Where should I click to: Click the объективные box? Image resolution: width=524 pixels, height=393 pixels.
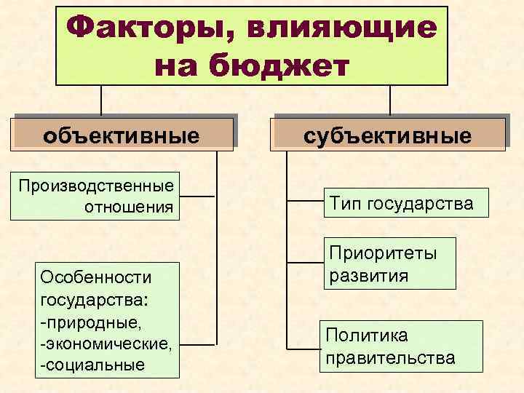pos(122,135)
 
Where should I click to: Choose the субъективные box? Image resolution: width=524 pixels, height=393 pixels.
pos(387,135)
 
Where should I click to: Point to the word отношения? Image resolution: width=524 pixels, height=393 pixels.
pos(130,207)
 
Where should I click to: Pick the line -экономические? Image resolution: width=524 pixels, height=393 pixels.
pos(106,342)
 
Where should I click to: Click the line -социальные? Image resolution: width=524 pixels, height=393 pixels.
pos(92,364)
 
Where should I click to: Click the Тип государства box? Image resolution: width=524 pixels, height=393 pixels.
pos(401,203)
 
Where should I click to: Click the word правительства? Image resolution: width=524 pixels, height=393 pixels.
pos(391,358)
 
